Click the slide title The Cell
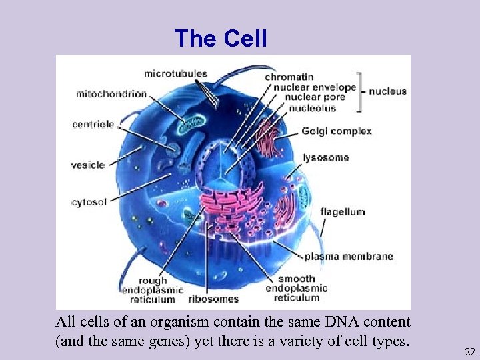pos(221,39)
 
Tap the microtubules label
pos(175,73)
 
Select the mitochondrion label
pos(111,93)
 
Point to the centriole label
pos(93,124)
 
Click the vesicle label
pos(88,165)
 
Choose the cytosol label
pos(89,202)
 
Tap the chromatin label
pos(289,77)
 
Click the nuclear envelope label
pos(310,87)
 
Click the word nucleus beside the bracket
pos(387,91)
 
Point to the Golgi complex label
pos(336,131)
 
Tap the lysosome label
pos(326,158)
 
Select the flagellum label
pos(342,212)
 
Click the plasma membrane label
pos(349,256)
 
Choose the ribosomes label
pos(213,299)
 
